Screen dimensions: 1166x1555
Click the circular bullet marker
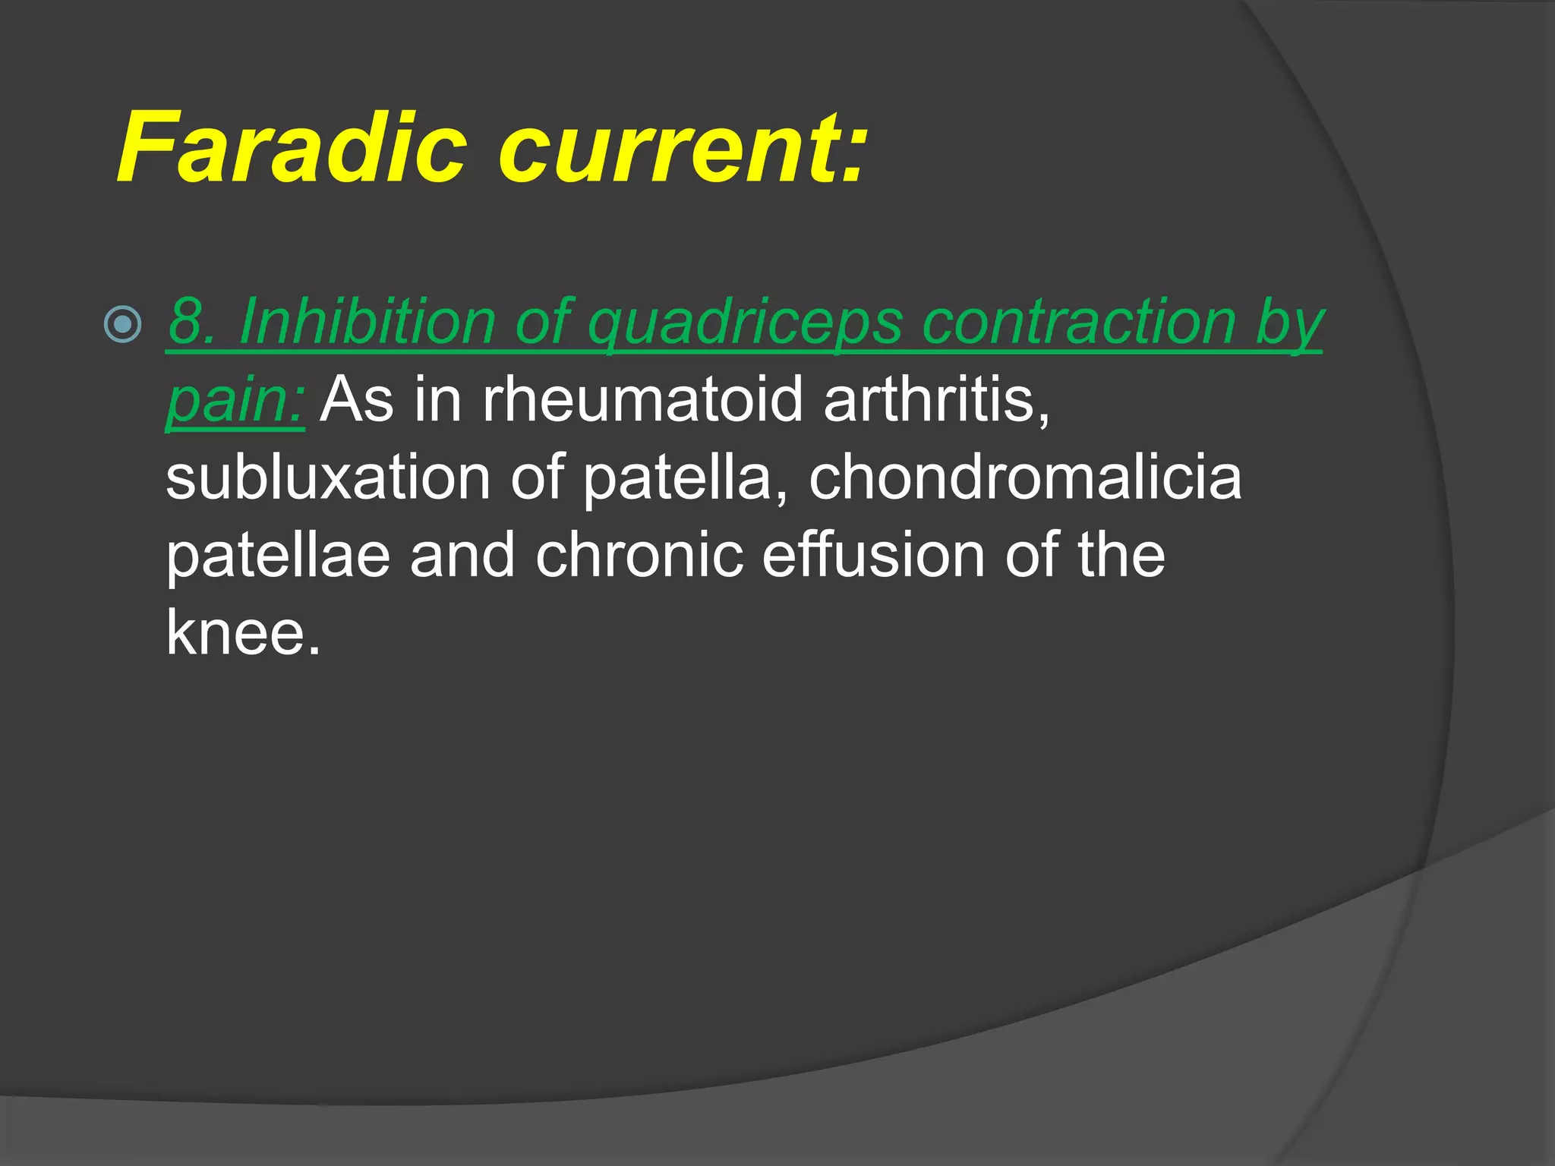[122, 325]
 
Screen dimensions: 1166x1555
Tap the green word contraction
[1078, 322]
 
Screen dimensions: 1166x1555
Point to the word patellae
[278, 555]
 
